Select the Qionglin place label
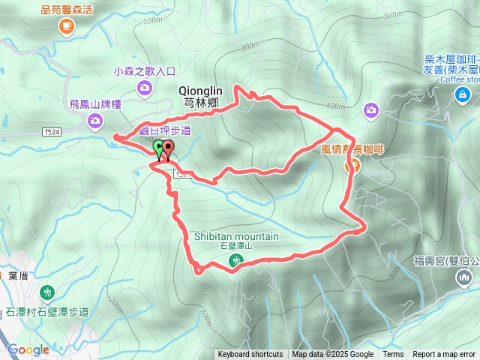[202, 89]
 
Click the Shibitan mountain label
[236, 236]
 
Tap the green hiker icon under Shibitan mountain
[236, 261]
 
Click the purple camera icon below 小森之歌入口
[144, 88]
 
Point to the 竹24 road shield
[51, 131]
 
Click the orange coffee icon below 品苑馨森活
[67, 26]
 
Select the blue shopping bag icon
[461, 94]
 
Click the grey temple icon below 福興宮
[462, 279]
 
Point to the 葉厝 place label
[18, 275]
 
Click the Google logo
[28, 349]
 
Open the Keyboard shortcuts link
[250, 355]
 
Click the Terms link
[393, 355]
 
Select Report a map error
[444, 355]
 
